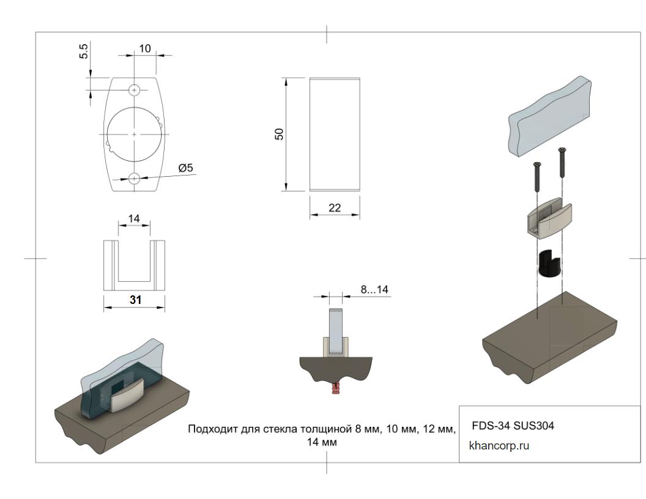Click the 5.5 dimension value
(84, 51)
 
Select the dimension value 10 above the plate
(144, 48)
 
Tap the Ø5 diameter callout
(185, 168)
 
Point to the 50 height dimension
(279, 134)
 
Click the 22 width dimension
(335, 208)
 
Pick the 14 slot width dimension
(134, 218)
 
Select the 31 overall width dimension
(136, 300)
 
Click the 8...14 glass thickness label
(374, 289)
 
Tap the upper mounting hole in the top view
(135, 90)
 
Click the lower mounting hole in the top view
(135, 179)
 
